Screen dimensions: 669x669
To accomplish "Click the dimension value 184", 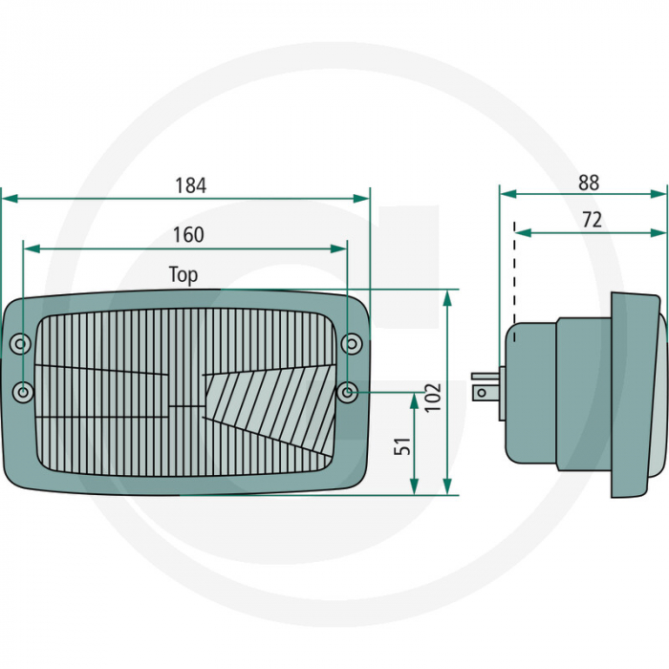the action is pyautogui.click(x=191, y=185).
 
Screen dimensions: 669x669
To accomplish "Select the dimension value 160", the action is pyautogui.click(x=188, y=235).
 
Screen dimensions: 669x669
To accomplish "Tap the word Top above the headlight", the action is pyautogui.click(x=183, y=275).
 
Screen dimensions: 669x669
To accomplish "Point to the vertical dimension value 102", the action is pyautogui.click(x=433, y=398).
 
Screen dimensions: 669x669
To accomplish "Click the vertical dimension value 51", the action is pyautogui.click(x=402, y=446).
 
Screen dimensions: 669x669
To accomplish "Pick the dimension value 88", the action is pyautogui.click(x=589, y=183).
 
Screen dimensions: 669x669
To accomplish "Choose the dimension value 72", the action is pyautogui.click(x=592, y=220).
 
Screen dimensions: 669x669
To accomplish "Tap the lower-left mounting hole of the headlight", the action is pyautogui.click(x=23, y=392).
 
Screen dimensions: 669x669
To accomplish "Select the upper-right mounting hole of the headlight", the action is pyautogui.click(x=352, y=343).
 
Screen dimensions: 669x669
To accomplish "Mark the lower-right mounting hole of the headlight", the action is pyautogui.click(x=348, y=391).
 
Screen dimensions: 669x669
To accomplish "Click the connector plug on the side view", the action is pyautogui.click(x=486, y=386).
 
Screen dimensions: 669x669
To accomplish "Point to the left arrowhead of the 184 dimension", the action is pyautogui.click(x=10, y=199).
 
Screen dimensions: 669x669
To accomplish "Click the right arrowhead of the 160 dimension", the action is pyautogui.click(x=338, y=248).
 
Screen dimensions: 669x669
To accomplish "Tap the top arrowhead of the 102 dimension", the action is pyautogui.click(x=447, y=298).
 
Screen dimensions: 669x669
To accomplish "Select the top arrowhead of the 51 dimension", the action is pyautogui.click(x=414, y=401).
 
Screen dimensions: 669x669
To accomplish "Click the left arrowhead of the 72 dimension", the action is pyautogui.click(x=523, y=232).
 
